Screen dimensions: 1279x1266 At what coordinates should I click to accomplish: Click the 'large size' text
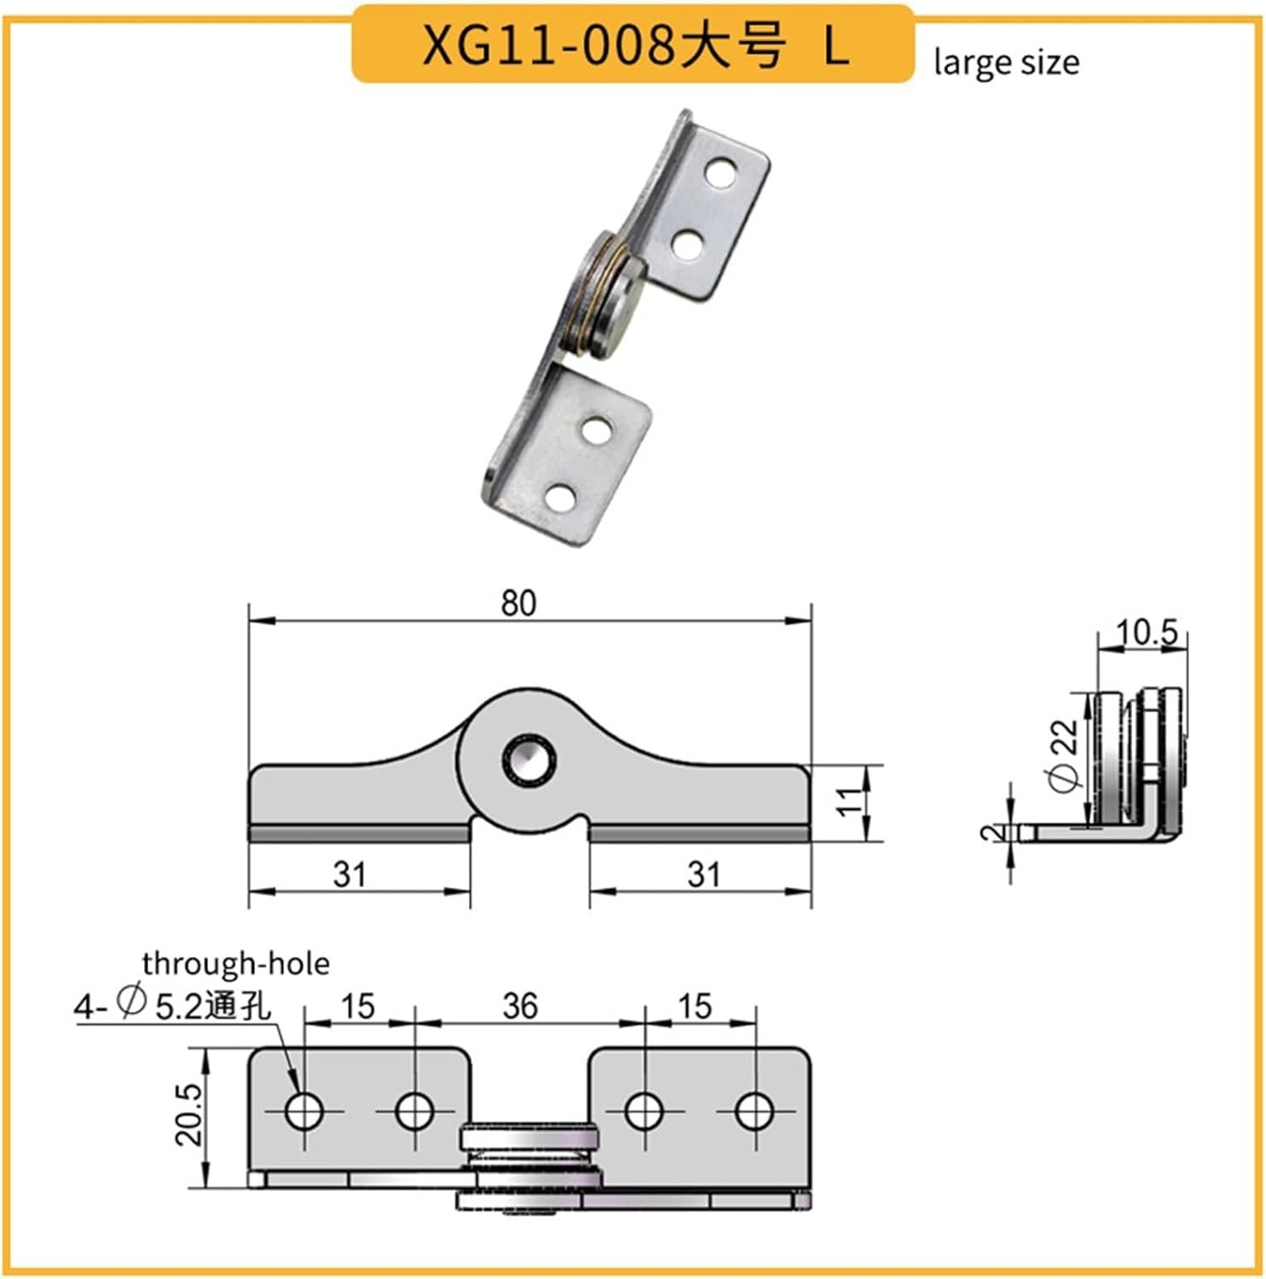[x=1006, y=63]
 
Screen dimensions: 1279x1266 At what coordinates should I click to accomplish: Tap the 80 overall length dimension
[x=518, y=603]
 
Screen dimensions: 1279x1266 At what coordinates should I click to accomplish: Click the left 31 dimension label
[x=350, y=874]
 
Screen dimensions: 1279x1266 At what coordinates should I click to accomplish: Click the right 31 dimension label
[x=703, y=874]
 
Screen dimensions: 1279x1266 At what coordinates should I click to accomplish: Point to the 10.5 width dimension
[x=1147, y=633]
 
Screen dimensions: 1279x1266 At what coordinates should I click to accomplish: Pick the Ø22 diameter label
[x=1065, y=755]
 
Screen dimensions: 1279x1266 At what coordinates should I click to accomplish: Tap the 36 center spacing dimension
[x=520, y=1006]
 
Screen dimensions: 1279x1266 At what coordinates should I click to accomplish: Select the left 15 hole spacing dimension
[x=357, y=1006]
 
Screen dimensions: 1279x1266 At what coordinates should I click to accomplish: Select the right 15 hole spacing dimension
[x=694, y=1006]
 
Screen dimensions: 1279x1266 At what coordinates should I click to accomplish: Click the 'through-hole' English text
[x=235, y=964]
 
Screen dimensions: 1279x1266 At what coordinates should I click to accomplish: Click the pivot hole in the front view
[x=529, y=758]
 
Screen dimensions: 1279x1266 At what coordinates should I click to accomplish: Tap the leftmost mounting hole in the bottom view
[x=303, y=1111]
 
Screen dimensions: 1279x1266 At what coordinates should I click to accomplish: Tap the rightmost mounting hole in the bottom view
[x=754, y=1111]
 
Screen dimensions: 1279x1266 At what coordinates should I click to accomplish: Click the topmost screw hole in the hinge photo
[x=721, y=173]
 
